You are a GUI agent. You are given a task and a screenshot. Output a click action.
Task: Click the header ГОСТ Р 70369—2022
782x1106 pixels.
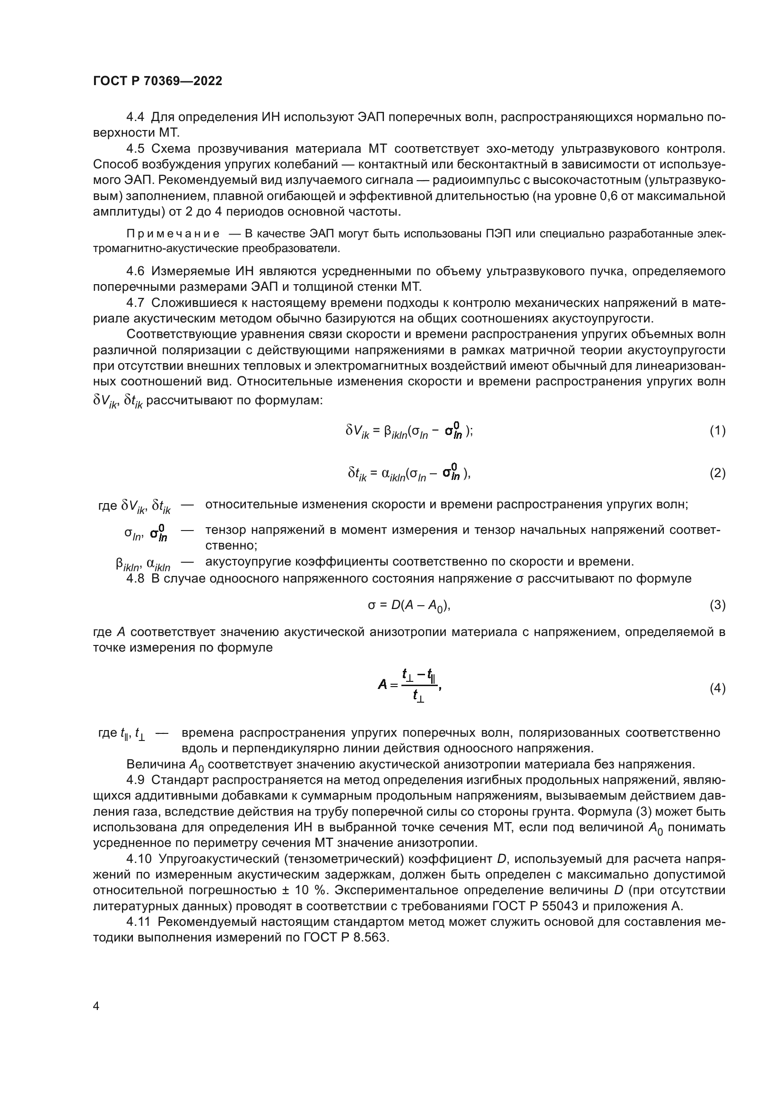coord(157,81)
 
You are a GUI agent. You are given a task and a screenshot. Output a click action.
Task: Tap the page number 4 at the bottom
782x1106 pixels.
coord(96,1006)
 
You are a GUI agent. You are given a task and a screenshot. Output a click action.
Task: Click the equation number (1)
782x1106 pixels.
coord(718,430)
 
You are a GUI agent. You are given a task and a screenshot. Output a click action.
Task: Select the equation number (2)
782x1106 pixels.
coord(718,473)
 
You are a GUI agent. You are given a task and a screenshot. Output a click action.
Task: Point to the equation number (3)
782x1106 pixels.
coord(718,605)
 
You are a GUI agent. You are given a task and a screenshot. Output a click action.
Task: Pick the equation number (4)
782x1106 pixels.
coord(718,688)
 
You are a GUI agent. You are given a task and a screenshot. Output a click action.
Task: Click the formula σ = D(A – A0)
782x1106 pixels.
coord(409,606)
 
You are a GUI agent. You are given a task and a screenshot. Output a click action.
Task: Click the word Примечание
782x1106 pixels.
coord(173,234)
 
